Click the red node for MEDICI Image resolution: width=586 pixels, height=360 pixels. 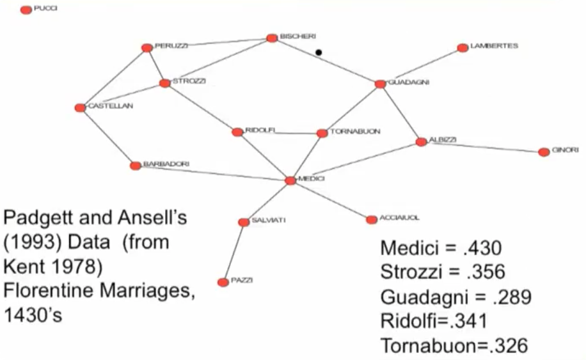point(290,181)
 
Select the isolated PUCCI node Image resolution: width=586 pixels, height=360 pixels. point(26,10)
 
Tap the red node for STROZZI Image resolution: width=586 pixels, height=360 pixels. point(165,83)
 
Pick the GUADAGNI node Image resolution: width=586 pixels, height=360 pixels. point(380,84)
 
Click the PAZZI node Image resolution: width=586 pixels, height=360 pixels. point(223,282)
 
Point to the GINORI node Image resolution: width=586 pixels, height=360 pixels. point(544,152)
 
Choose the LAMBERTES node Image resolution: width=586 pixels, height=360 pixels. point(463,48)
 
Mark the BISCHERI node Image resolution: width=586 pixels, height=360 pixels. point(272,38)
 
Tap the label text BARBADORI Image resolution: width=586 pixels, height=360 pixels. point(166,164)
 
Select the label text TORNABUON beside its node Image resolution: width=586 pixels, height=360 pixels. point(355,131)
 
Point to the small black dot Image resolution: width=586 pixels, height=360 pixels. point(319,52)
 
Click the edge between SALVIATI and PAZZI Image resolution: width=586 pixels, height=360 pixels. point(233,252)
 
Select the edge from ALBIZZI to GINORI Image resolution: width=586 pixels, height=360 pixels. point(482,147)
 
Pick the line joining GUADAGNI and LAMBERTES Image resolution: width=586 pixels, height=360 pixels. point(421,66)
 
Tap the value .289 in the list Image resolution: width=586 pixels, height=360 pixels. point(509,297)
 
